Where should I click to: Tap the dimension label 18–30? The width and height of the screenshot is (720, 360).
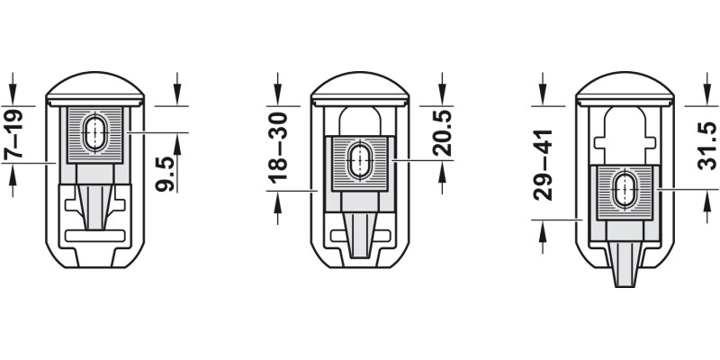[281, 141]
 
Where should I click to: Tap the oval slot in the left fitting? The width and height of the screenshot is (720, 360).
[94, 133]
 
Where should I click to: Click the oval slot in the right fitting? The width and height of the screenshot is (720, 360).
[624, 191]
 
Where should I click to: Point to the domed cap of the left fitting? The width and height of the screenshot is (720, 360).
[94, 88]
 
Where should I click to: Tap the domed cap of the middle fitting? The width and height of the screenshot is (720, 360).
[360, 88]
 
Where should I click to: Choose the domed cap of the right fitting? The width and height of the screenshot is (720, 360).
[624, 88]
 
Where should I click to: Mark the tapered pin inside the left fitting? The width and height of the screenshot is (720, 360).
[94, 202]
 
